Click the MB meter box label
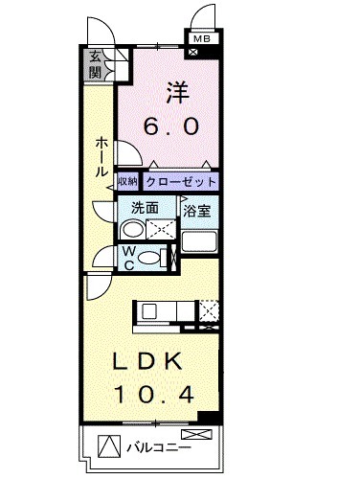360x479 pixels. (201, 39)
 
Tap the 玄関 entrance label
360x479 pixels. (96, 64)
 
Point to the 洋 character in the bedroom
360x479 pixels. (177, 94)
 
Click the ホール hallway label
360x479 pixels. (101, 156)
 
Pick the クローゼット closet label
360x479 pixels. (181, 181)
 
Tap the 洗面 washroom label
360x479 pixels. (145, 206)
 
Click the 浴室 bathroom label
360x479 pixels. (197, 208)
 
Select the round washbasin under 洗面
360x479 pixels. (133, 229)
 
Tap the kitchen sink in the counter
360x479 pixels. (149, 310)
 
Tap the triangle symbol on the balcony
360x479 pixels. (113, 447)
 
